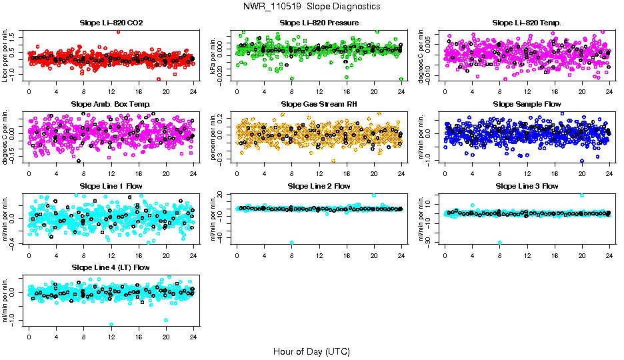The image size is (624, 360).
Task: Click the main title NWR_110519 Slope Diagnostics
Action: pyautogui.click(x=312, y=6)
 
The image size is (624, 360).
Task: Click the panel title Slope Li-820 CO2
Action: pyautogui.click(x=111, y=23)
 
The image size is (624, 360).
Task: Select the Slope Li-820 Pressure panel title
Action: pyautogui.click(x=319, y=23)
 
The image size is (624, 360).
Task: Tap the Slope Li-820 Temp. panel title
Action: pyautogui.click(x=527, y=23)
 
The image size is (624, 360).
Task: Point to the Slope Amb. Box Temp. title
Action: pyautogui.click(x=111, y=105)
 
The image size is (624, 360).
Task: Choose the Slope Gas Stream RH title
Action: pyautogui.click(x=319, y=105)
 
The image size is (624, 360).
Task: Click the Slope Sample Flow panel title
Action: pyautogui.click(x=527, y=105)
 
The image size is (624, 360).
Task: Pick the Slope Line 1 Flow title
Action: pyautogui.click(x=111, y=186)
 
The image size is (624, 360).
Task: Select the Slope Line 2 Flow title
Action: pyautogui.click(x=319, y=186)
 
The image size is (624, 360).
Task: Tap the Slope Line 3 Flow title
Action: pyautogui.click(x=527, y=186)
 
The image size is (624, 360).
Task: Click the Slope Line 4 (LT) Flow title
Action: pyautogui.click(x=111, y=267)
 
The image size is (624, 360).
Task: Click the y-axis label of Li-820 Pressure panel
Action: pyautogui.click(x=215, y=55)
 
